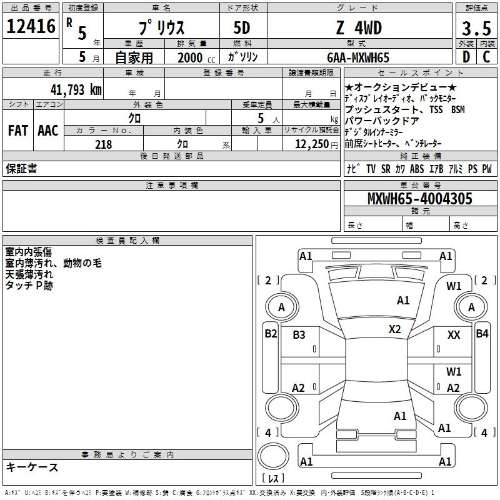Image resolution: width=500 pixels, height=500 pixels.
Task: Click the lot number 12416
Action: [x=32, y=27]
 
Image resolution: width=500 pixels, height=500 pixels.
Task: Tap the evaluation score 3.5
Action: [x=476, y=29]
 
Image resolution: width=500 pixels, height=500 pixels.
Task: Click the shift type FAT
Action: [x=17, y=131]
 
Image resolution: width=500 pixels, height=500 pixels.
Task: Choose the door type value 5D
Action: [x=242, y=28]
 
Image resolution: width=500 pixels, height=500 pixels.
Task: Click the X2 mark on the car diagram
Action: [x=394, y=329]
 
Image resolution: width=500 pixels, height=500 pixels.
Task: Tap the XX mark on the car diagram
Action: [x=454, y=335]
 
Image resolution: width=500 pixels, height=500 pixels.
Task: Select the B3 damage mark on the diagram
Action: [x=299, y=335]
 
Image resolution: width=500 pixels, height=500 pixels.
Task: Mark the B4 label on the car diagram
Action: [x=482, y=334]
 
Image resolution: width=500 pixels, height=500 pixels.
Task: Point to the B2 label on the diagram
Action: [x=271, y=334]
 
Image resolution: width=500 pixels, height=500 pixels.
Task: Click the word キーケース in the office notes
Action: [x=32, y=467]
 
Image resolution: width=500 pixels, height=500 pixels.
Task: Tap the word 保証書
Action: [x=21, y=169]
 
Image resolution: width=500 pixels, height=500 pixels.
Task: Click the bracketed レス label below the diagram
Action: [x=273, y=479]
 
